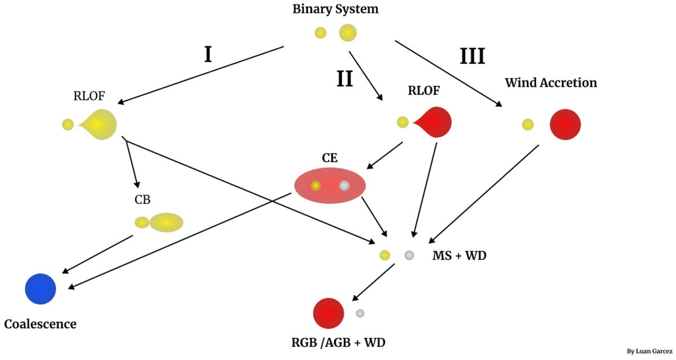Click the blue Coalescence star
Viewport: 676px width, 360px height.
[x=41, y=289]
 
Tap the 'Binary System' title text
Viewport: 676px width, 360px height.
[x=335, y=9]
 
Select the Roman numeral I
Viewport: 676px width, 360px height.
[x=208, y=55]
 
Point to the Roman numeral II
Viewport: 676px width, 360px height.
[x=345, y=79]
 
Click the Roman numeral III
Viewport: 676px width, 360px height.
[x=472, y=57]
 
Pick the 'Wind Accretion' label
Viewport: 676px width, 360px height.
[x=550, y=83]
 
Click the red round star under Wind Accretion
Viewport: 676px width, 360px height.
[x=565, y=125]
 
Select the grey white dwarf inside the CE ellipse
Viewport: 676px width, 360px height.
[x=344, y=185]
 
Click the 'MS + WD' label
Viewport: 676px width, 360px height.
[x=459, y=256]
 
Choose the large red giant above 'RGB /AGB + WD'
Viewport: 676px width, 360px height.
[x=328, y=313]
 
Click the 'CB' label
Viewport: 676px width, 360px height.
[x=142, y=199]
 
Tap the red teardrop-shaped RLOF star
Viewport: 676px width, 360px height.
[x=435, y=122]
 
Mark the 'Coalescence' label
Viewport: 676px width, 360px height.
[x=40, y=325]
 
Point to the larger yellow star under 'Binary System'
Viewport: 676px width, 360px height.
[x=348, y=33]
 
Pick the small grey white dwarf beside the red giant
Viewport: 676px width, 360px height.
[x=360, y=313]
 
